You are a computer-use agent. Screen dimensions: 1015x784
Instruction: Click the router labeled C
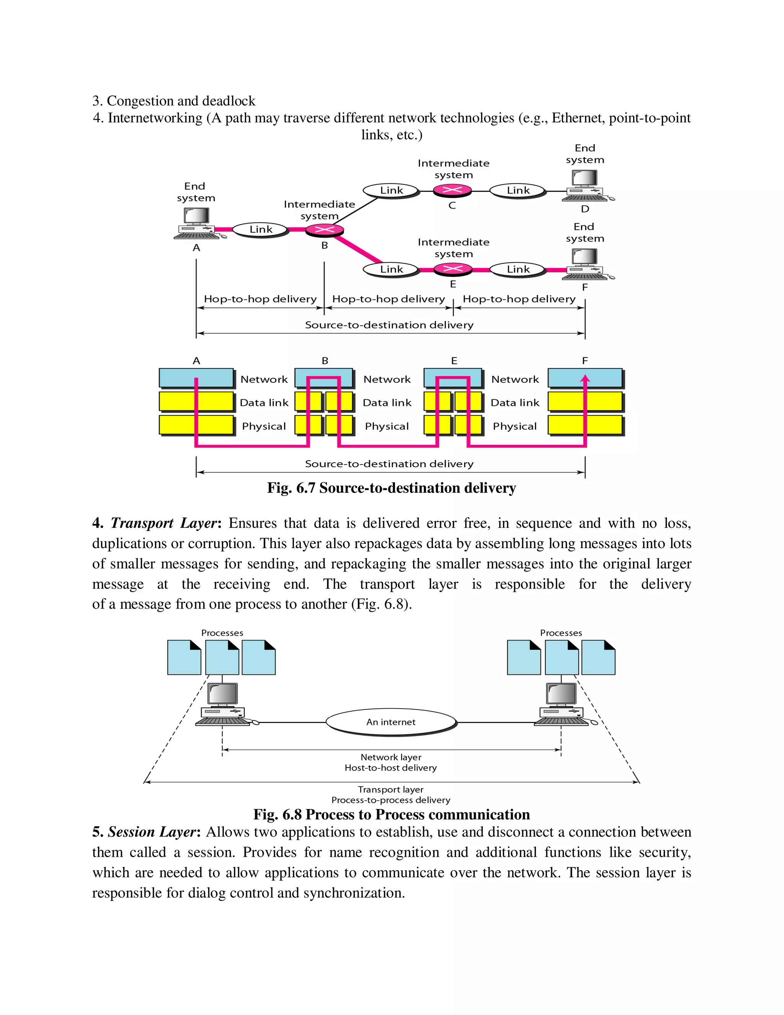[452, 190]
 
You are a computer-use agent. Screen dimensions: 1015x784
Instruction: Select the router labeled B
[325, 229]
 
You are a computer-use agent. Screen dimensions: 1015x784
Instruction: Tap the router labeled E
[453, 269]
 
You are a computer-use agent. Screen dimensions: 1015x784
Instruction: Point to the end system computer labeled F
[585, 264]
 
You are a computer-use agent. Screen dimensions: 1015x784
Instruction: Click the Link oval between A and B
[261, 229]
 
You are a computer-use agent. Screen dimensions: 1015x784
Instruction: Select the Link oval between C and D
[518, 190]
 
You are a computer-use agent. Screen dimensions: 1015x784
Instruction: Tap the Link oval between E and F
[518, 270]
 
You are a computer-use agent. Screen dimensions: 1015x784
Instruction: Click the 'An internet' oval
[391, 722]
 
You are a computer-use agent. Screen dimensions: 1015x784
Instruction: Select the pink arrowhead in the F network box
[585, 379]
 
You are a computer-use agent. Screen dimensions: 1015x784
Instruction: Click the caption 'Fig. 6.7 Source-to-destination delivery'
[392, 488]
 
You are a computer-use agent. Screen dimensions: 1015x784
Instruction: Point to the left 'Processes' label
[222, 633]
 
